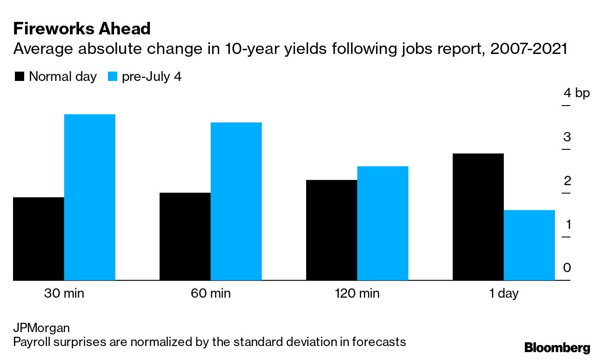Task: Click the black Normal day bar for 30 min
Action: click(x=39, y=239)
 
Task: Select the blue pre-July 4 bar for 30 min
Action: click(x=89, y=197)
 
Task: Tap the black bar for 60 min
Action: click(x=185, y=236)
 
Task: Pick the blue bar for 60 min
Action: click(x=236, y=201)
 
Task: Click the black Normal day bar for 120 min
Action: click(x=331, y=230)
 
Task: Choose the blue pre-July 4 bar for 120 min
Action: click(x=382, y=223)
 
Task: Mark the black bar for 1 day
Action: click(x=478, y=217)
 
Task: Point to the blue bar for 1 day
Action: click(x=529, y=245)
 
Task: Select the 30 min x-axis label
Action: click(x=64, y=294)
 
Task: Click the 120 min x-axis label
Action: click(x=357, y=294)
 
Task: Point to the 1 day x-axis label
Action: click(x=503, y=294)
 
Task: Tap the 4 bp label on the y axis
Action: click(x=576, y=93)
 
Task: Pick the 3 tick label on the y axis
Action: click(x=567, y=137)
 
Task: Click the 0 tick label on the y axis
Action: click(x=567, y=268)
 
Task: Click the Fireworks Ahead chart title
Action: click(x=82, y=29)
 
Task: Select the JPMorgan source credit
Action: click(x=41, y=328)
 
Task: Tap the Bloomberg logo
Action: click(x=557, y=347)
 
